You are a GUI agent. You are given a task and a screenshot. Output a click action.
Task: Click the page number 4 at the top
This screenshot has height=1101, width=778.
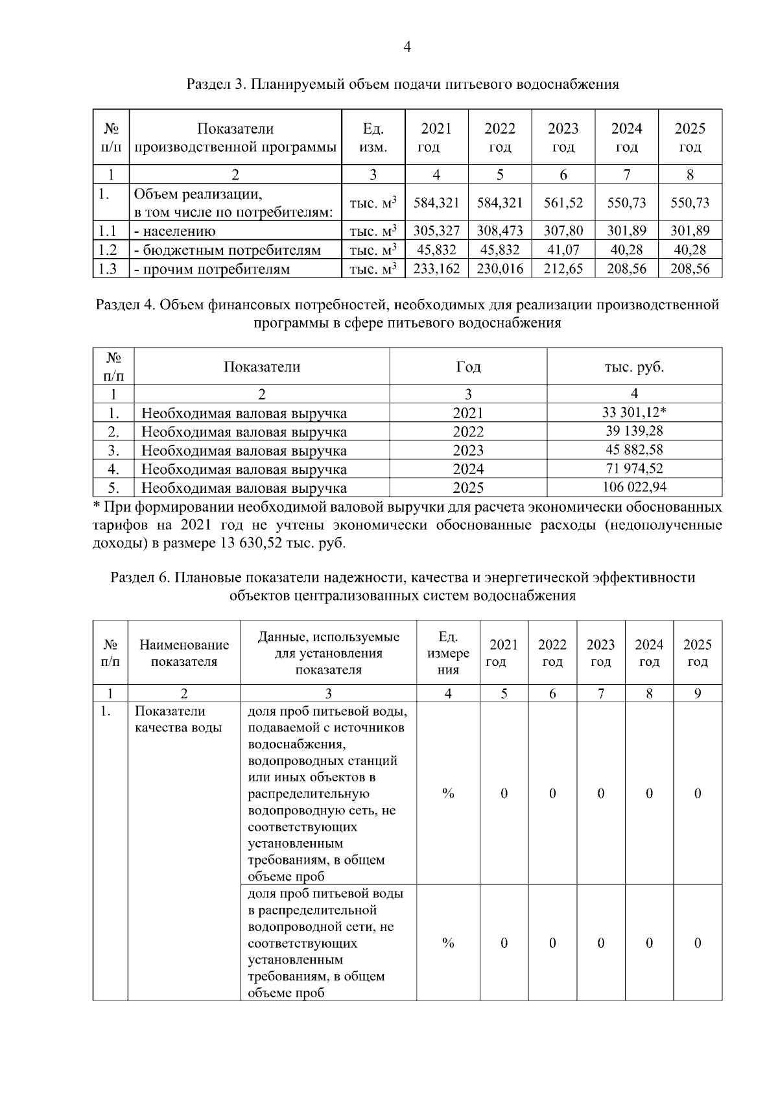[x=407, y=47]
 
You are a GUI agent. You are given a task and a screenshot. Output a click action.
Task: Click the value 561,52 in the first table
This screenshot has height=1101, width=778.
[x=563, y=203]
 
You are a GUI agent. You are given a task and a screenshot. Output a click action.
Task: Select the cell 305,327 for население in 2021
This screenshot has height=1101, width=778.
[x=436, y=231]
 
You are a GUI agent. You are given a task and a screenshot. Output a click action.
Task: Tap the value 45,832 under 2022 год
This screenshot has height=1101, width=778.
[x=499, y=250]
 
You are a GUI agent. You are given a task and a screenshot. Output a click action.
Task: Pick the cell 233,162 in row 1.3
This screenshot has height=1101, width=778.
[x=436, y=268]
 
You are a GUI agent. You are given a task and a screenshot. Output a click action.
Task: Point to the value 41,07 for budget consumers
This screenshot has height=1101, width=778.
[x=563, y=250]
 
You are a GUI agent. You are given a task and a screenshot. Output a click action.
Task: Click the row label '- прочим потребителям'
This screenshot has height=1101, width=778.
[x=211, y=269]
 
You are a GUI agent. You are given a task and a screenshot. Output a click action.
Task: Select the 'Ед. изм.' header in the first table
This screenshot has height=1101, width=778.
[x=373, y=137]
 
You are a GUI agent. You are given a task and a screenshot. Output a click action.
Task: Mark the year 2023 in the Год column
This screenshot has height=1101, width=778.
[x=467, y=450]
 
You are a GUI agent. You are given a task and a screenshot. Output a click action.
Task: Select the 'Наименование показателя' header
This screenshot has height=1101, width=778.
[x=184, y=653]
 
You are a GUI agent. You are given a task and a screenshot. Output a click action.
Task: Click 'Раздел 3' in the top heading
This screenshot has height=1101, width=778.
[x=214, y=84]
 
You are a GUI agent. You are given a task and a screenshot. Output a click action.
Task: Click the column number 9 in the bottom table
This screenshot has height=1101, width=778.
[x=697, y=694]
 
